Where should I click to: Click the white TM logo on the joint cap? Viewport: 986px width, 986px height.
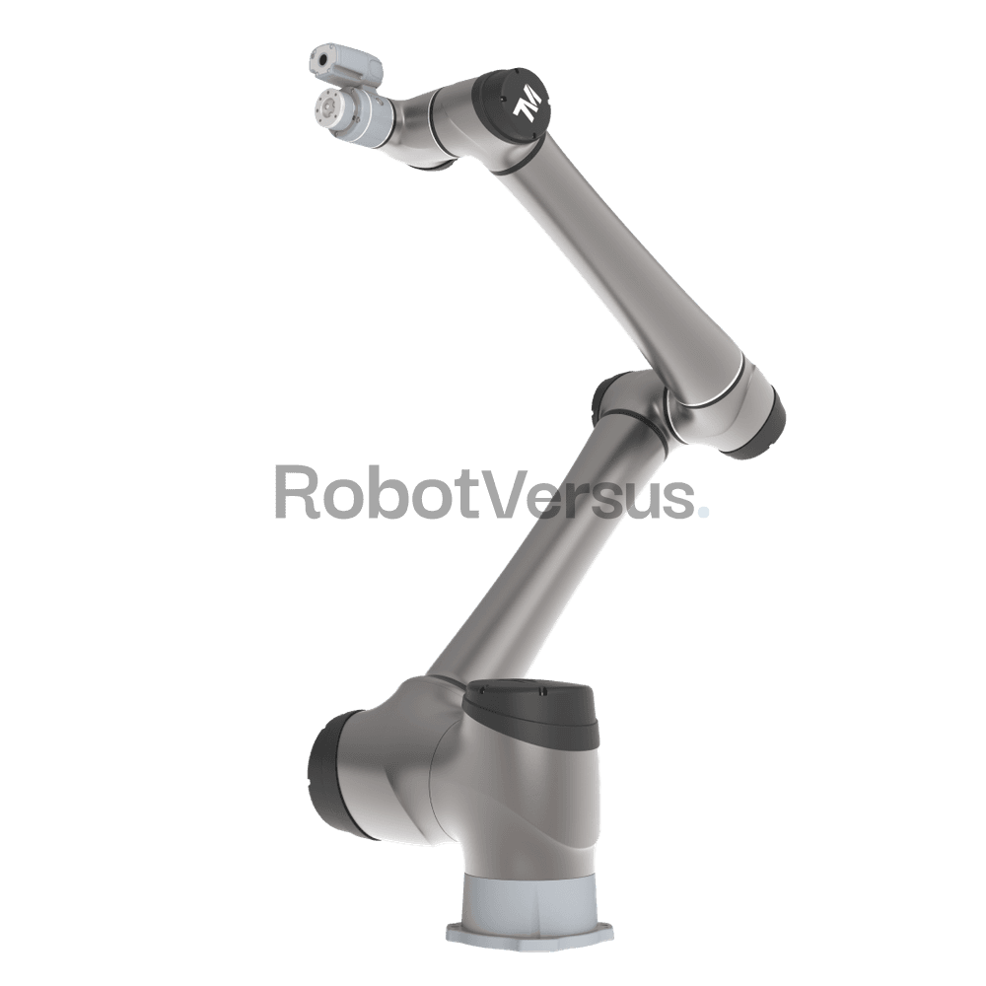(x=527, y=105)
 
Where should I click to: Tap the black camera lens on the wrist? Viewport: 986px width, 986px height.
(x=323, y=60)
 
